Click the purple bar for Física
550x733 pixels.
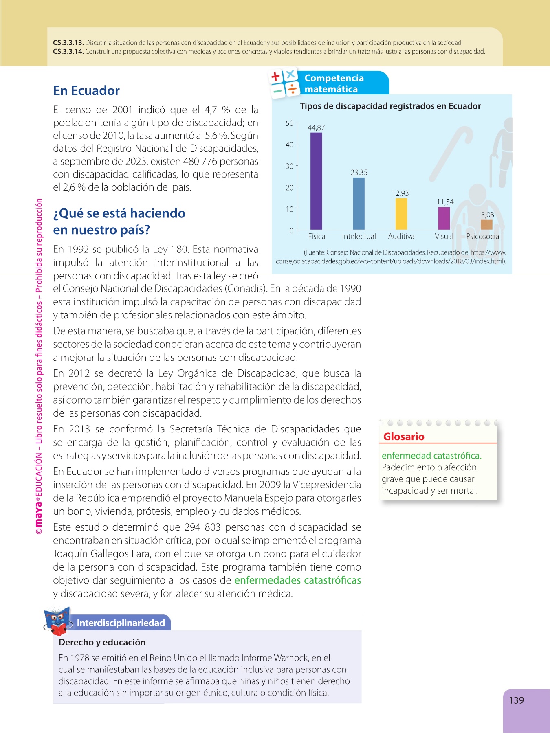click(x=316, y=181)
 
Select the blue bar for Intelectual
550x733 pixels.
click(x=359, y=204)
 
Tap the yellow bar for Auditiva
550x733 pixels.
click(x=401, y=214)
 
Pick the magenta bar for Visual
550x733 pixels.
click(x=444, y=219)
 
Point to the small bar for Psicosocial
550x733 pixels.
click(x=486, y=225)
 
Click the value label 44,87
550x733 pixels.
click(x=316, y=128)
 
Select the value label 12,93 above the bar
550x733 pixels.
click(x=400, y=193)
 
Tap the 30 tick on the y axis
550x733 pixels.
click(x=290, y=166)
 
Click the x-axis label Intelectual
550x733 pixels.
click(x=359, y=237)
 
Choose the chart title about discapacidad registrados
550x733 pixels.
click(x=390, y=106)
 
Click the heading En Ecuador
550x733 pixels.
click(x=86, y=90)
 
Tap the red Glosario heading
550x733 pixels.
click(x=404, y=437)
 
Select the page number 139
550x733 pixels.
click(x=516, y=700)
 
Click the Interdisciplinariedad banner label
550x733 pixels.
click(x=121, y=623)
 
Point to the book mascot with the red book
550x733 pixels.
click(x=58, y=621)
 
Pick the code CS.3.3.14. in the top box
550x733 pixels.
click(x=68, y=52)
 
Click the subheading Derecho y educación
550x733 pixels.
click(x=102, y=642)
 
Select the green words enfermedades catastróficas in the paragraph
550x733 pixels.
click(x=297, y=580)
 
